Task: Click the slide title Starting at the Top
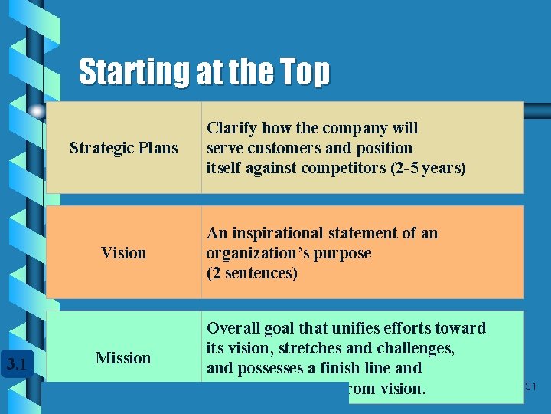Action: pos(204,72)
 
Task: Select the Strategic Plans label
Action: pos(123,148)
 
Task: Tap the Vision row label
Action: pos(123,253)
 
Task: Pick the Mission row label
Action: pos(123,358)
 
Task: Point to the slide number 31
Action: pos(531,388)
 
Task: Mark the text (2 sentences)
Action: pos(252,273)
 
